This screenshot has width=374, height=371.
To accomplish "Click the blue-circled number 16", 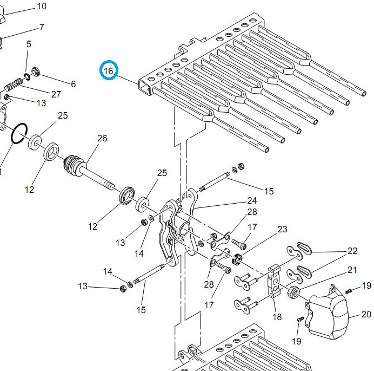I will (109, 71).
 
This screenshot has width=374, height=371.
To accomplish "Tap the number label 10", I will (42, 6).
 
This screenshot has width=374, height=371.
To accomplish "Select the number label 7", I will (42, 28).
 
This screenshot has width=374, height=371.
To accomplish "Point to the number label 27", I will (56, 94).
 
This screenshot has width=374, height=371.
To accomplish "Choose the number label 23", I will (283, 230).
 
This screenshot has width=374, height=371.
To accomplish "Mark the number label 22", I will (352, 251).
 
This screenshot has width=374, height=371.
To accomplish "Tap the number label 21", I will (352, 270).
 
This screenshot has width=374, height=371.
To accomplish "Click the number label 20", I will (366, 314).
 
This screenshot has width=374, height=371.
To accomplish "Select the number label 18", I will (277, 317).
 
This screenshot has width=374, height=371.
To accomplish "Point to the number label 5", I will (29, 43).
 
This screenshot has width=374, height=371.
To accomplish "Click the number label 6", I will (73, 84).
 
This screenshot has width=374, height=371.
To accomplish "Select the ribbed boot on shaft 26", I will (75, 163).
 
